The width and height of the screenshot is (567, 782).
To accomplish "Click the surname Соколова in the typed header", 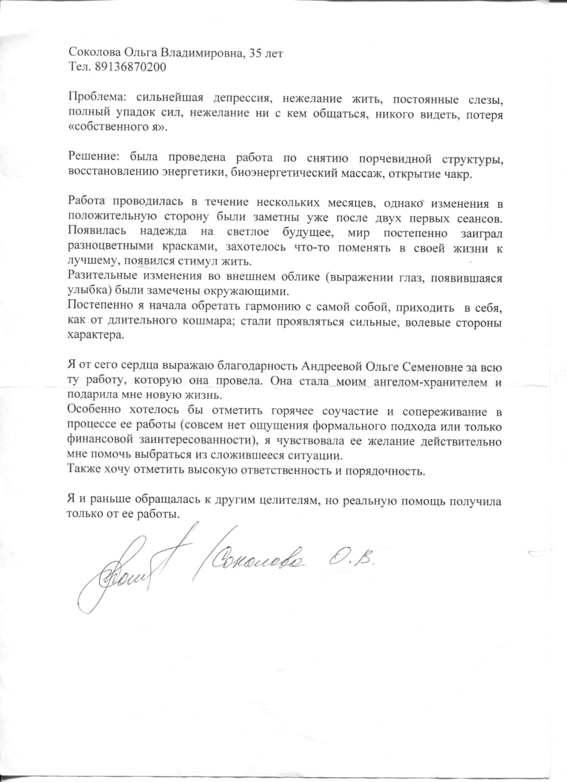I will coord(91,53).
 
